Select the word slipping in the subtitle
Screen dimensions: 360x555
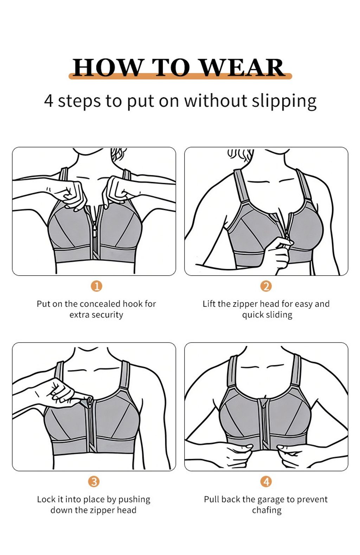click(284, 101)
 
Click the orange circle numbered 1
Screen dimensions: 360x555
click(97, 286)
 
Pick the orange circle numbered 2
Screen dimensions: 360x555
click(266, 286)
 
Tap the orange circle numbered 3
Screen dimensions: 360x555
click(94, 482)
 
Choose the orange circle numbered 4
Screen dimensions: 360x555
click(266, 482)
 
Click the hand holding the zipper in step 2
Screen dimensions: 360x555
click(279, 253)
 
